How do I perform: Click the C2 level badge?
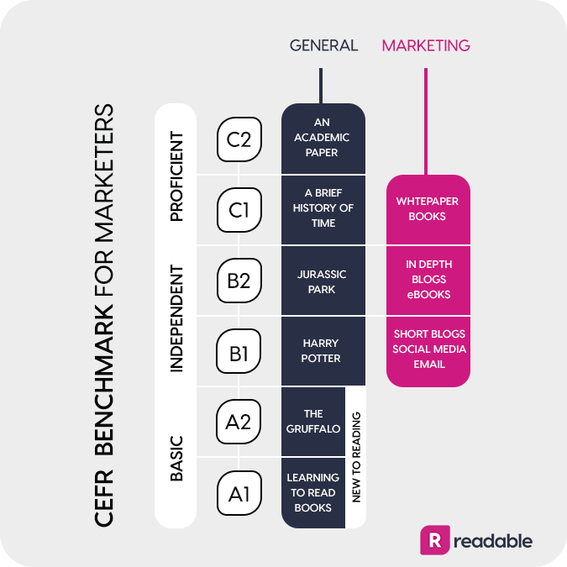pyautogui.click(x=239, y=139)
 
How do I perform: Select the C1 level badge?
pyautogui.click(x=239, y=210)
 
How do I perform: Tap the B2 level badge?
pyautogui.click(x=239, y=281)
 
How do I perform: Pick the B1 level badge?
pyautogui.click(x=239, y=351)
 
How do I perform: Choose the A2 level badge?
pyautogui.click(x=239, y=422)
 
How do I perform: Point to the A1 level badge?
pyautogui.click(x=239, y=493)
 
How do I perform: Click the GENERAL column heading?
pyautogui.click(x=323, y=45)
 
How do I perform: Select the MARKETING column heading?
pyautogui.click(x=426, y=45)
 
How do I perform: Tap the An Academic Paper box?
pyautogui.click(x=323, y=139)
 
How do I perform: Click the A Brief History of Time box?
pyautogui.click(x=323, y=210)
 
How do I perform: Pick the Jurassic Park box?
pyautogui.click(x=323, y=281)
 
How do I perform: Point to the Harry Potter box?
pyautogui.click(x=323, y=351)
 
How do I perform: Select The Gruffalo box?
pyautogui.click(x=313, y=422)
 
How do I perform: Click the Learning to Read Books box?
pyautogui.click(x=313, y=493)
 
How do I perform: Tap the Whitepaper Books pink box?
pyautogui.click(x=428, y=209)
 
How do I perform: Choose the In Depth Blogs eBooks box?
pyautogui.click(x=428, y=281)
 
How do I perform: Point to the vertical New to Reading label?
pyautogui.click(x=356, y=457)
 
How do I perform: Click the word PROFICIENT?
pyautogui.click(x=177, y=176)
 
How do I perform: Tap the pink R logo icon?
pyautogui.click(x=435, y=540)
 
